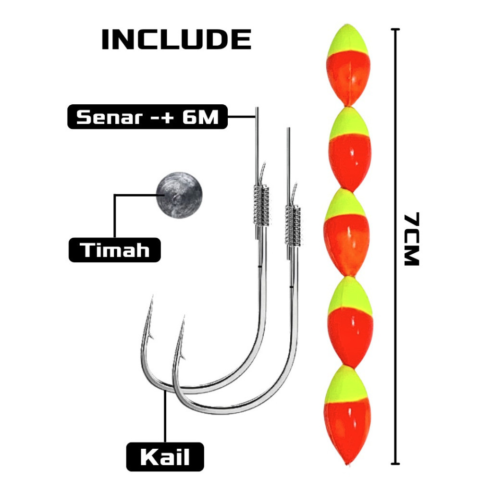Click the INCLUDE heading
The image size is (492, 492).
click(x=176, y=39)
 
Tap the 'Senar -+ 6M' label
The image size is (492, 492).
click(x=148, y=117)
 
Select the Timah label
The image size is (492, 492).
click(x=114, y=250)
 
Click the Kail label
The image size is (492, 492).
click(x=165, y=457)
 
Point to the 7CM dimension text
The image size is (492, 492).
click(x=411, y=239)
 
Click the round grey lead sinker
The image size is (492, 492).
click(x=180, y=195)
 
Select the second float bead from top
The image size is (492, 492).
click(x=350, y=149)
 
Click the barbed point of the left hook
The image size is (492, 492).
click(x=152, y=296)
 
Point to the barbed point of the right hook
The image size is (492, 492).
click(x=184, y=317)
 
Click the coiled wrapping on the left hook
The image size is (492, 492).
click(x=261, y=205)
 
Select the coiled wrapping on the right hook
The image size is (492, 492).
click(x=293, y=225)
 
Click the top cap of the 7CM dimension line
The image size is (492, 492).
click(x=395, y=29)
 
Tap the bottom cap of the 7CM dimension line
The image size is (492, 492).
click(x=395, y=464)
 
